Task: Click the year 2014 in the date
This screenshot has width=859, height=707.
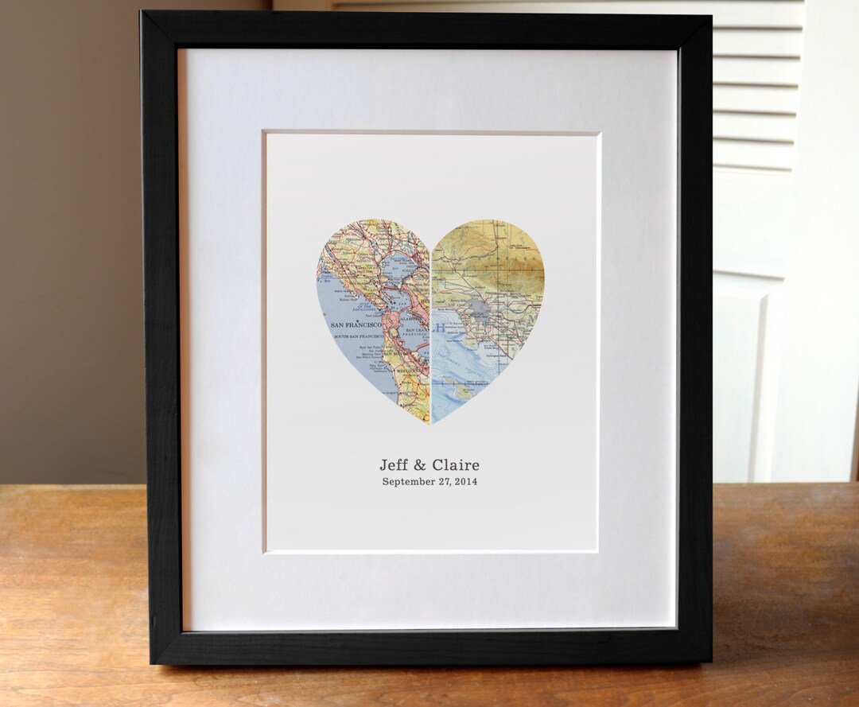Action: [465, 481]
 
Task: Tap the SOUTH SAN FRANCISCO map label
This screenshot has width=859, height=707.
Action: [353, 336]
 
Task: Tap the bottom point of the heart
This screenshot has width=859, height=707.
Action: [430, 422]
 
